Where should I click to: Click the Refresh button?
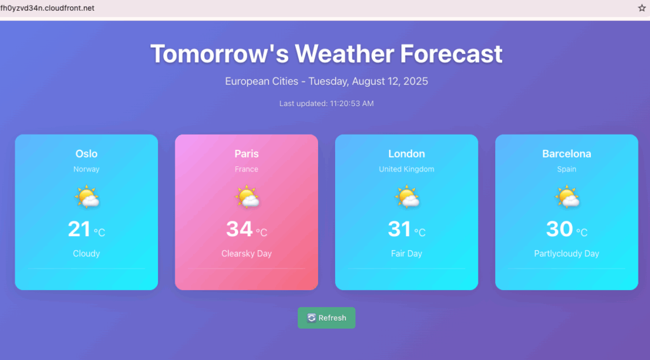click(326, 317)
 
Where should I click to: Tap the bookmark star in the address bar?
click(642, 8)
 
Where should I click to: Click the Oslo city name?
click(86, 154)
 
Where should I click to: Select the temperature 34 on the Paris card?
click(239, 229)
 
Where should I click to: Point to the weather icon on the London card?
click(407, 197)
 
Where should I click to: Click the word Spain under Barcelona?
click(566, 170)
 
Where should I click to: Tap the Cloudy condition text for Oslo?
click(86, 253)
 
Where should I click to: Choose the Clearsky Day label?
click(246, 253)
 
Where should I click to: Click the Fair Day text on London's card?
click(406, 253)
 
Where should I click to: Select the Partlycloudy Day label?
click(566, 253)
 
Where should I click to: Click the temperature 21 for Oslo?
click(79, 229)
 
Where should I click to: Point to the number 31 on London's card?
click(399, 229)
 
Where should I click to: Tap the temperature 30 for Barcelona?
click(559, 229)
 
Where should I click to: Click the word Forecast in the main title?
click(451, 54)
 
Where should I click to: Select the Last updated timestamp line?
click(326, 103)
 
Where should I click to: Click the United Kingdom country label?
click(406, 170)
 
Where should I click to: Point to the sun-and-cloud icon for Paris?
click(247, 197)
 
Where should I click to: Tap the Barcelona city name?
click(566, 154)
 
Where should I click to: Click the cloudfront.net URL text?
click(47, 8)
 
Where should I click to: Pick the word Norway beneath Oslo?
click(86, 170)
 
